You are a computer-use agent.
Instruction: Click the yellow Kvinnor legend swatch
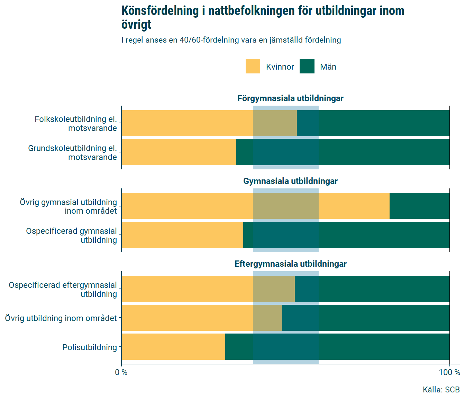pos(253,66)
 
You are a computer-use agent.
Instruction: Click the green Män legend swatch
pos(307,66)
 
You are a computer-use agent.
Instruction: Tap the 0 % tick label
pos(121,373)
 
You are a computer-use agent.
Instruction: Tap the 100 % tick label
pos(449,373)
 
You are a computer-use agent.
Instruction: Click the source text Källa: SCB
pos(441,390)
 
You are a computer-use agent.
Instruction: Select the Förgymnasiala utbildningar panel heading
pos(290,98)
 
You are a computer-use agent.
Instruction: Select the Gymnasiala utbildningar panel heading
pos(290,181)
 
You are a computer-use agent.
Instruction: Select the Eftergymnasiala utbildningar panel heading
pos(290,264)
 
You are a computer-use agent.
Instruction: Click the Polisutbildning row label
pos(90,347)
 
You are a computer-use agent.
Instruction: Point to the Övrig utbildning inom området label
pos(61,318)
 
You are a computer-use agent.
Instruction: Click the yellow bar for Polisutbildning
pos(173,347)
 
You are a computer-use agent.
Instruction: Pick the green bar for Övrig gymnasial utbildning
pos(419,206)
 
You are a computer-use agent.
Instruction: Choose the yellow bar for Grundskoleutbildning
pos(179,152)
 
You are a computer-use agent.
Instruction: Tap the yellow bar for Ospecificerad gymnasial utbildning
pos(182,235)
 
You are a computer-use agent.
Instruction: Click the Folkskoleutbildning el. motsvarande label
pos(76,124)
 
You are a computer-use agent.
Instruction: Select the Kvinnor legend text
pos(280,67)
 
